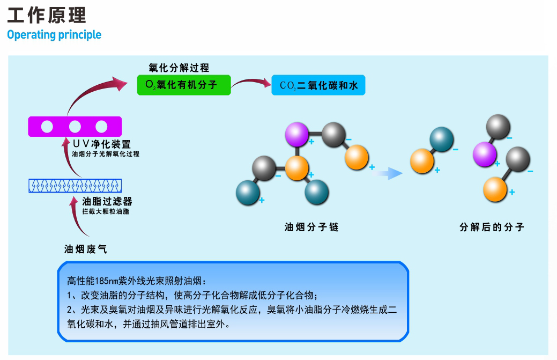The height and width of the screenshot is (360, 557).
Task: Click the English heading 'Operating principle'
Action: click(54, 35)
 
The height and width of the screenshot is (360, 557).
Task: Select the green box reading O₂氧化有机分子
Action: click(183, 85)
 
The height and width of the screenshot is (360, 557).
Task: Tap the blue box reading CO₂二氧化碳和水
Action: click(318, 85)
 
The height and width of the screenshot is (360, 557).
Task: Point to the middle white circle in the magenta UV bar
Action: click(75, 127)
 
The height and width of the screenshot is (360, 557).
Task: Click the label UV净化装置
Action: click(101, 144)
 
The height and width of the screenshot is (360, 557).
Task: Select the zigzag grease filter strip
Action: click(75, 185)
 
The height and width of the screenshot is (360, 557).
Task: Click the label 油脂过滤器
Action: click(107, 202)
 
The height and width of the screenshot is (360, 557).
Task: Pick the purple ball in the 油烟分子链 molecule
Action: click(296, 134)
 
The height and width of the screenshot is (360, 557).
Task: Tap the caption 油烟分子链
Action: click(311, 227)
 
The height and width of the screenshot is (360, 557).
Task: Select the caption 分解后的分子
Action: click(492, 227)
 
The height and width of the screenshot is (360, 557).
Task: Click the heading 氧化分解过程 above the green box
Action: click(179, 68)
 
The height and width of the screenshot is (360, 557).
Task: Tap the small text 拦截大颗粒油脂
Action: click(106, 212)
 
